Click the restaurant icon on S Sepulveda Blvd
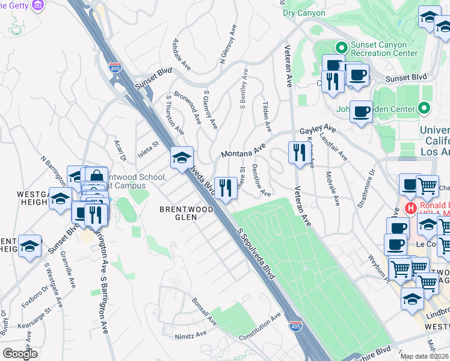pyautogui.click(x=225, y=188)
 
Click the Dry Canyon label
pyautogui.click(x=304, y=13)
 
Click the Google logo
pyautogui.click(x=20, y=354)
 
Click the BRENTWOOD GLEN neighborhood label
pyautogui.click(x=178, y=213)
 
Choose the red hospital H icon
pyautogui.click(x=411, y=208)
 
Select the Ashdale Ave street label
pyautogui.click(x=182, y=54)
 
